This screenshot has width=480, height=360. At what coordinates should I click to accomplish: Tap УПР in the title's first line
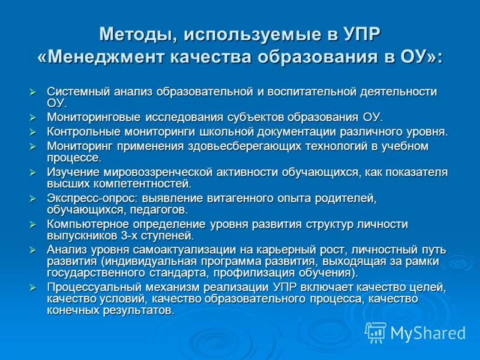(361, 34)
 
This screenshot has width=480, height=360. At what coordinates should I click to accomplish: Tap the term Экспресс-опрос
(86, 198)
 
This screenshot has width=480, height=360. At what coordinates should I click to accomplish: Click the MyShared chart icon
(376, 332)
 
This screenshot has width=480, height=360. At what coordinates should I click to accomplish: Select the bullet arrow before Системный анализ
(34, 92)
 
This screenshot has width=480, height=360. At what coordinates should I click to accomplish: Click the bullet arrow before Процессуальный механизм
(34, 287)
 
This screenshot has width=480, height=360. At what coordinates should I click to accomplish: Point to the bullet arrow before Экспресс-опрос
(34, 198)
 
